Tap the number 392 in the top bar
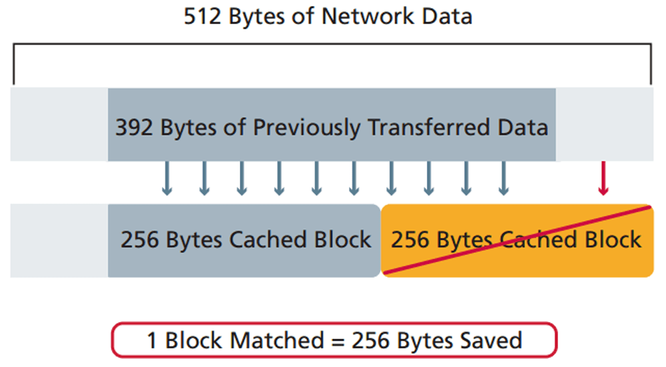pyautogui.click(x=135, y=127)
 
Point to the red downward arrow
pyautogui.click(x=603, y=179)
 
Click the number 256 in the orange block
pyautogui.click(x=411, y=239)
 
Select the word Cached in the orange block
pyautogui.click(x=540, y=239)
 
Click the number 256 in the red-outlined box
pyautogui.click(x=372, y=340)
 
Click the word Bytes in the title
pyautogui.click(x=258, y=16)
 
